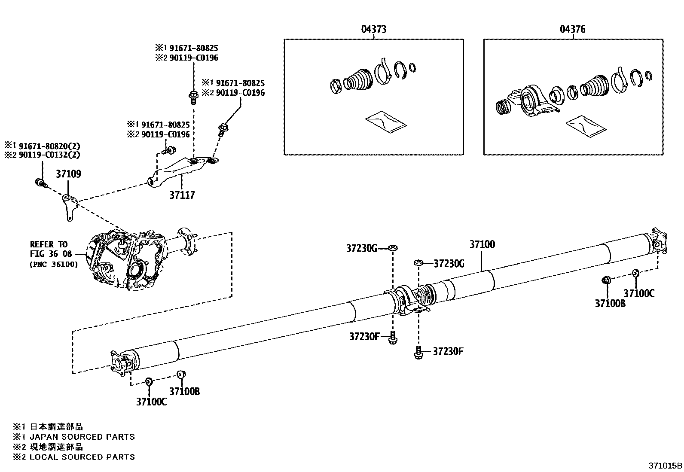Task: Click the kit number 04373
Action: pyautogui.click(x=373, y=29)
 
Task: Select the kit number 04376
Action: pyautogui.click(x=572, y=29)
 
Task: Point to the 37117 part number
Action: pyautogui.click(x=182, y=195)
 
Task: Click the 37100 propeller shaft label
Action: pyautogui.click(x=482, y=244)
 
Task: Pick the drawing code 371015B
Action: pyautogui.click(x=665, y=465)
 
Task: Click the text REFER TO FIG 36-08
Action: pyautogui.click(x=49, y=249)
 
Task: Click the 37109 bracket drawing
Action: pyautogui.click(x=69, y=206)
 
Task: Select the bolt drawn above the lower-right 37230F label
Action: pyautogui.click(x=418, y=352)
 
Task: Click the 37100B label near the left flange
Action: pyautogui.click(x=184, y=391)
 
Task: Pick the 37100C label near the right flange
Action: pyautogui.click(x=639, y=293)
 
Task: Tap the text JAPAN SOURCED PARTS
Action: pyautogui.click(x=82, y=437)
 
